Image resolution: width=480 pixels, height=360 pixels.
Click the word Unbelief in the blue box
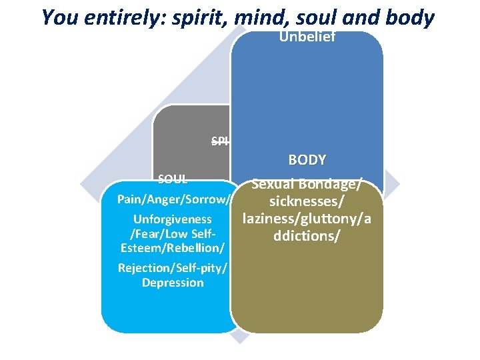click(x=307, y=37)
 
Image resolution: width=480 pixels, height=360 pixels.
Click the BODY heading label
click(x=307, y=160)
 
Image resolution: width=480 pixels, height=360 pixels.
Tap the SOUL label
click(x=172, y=179)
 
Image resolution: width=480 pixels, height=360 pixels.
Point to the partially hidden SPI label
click(x=220, y=141)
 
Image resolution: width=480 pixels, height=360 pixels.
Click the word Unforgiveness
click(x=173, y=219)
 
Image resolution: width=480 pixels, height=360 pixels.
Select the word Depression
click(x=173, y=283)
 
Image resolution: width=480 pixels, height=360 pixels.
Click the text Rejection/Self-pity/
click(x=173, y=268)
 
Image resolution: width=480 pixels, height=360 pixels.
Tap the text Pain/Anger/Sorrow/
click(x=174, y=199)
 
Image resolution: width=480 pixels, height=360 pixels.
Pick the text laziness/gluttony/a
click(x=307, y=219)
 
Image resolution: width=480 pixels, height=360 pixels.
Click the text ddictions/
click(x=307, y=236)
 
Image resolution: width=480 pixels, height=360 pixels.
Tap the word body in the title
click(x=409, y=17)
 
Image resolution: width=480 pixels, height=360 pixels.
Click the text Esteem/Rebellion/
click(x=173, y=248)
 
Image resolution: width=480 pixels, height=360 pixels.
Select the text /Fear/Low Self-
click(x=173, y=234)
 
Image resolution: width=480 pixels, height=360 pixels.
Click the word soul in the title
click(x=321, y=17)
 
